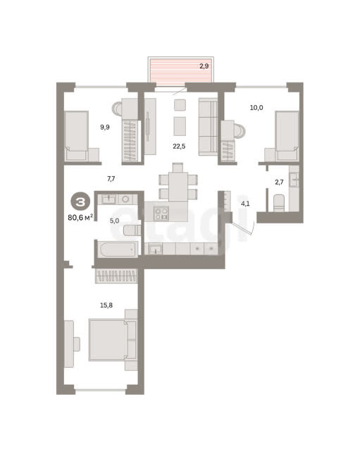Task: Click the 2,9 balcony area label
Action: pos(204,66)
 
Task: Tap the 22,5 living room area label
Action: pos(179,147)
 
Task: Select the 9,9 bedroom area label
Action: pos(105,127)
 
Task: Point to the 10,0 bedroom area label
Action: pos(256,108)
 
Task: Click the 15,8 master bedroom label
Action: pos(106,305)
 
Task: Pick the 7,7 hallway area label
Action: pos(111,179)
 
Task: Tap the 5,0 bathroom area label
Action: pos(114,221)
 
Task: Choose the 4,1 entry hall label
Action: pos(245,204)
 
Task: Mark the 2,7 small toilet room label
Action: pos(279,182)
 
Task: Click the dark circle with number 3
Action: pos(80,202)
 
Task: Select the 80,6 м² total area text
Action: pos(80,218)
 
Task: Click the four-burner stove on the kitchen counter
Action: pos(161,214)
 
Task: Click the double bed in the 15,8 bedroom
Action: pos(113,340)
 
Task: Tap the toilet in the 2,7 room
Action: pos(278,203)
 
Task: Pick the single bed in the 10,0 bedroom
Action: pos(287,136)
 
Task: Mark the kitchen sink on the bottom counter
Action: pos(155,249)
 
